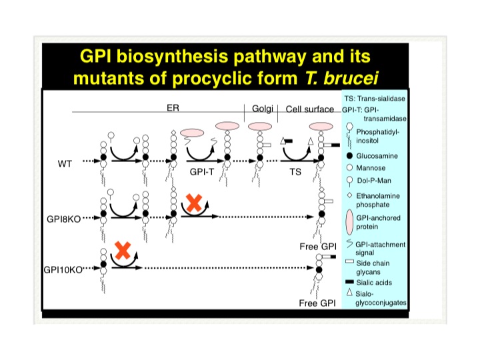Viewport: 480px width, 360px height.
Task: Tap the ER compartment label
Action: (173, 108)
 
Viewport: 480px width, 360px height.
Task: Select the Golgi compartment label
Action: (263, 109)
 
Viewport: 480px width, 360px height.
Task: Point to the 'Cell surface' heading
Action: (309, 109)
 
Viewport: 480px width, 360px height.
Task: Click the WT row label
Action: (65, 164)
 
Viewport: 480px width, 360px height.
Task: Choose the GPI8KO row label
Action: (64, 219)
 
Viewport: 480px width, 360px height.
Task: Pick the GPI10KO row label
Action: (63, 270)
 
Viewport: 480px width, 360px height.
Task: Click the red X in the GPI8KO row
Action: (194, 203)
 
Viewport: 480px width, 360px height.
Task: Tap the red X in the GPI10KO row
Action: (123, 251)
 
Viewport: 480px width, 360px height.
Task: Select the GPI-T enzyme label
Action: (201, 172)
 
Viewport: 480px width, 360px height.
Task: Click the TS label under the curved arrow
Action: (295, 172)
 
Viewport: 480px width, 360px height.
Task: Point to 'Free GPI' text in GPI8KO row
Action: (318, 247)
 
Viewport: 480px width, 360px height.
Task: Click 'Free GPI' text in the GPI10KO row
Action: (317, 303)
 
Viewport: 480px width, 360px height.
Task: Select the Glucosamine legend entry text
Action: (377, 156)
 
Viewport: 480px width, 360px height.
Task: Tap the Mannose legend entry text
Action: (371, 168)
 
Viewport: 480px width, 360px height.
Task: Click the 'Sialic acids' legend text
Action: (374, 283)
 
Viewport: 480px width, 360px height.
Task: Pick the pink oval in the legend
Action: (349, 222)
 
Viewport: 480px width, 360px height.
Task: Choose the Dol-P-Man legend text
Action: (374, 181)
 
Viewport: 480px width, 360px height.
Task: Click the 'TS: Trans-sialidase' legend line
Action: (375, 99)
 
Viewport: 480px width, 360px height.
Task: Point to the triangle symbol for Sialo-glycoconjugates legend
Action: (349, 293)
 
